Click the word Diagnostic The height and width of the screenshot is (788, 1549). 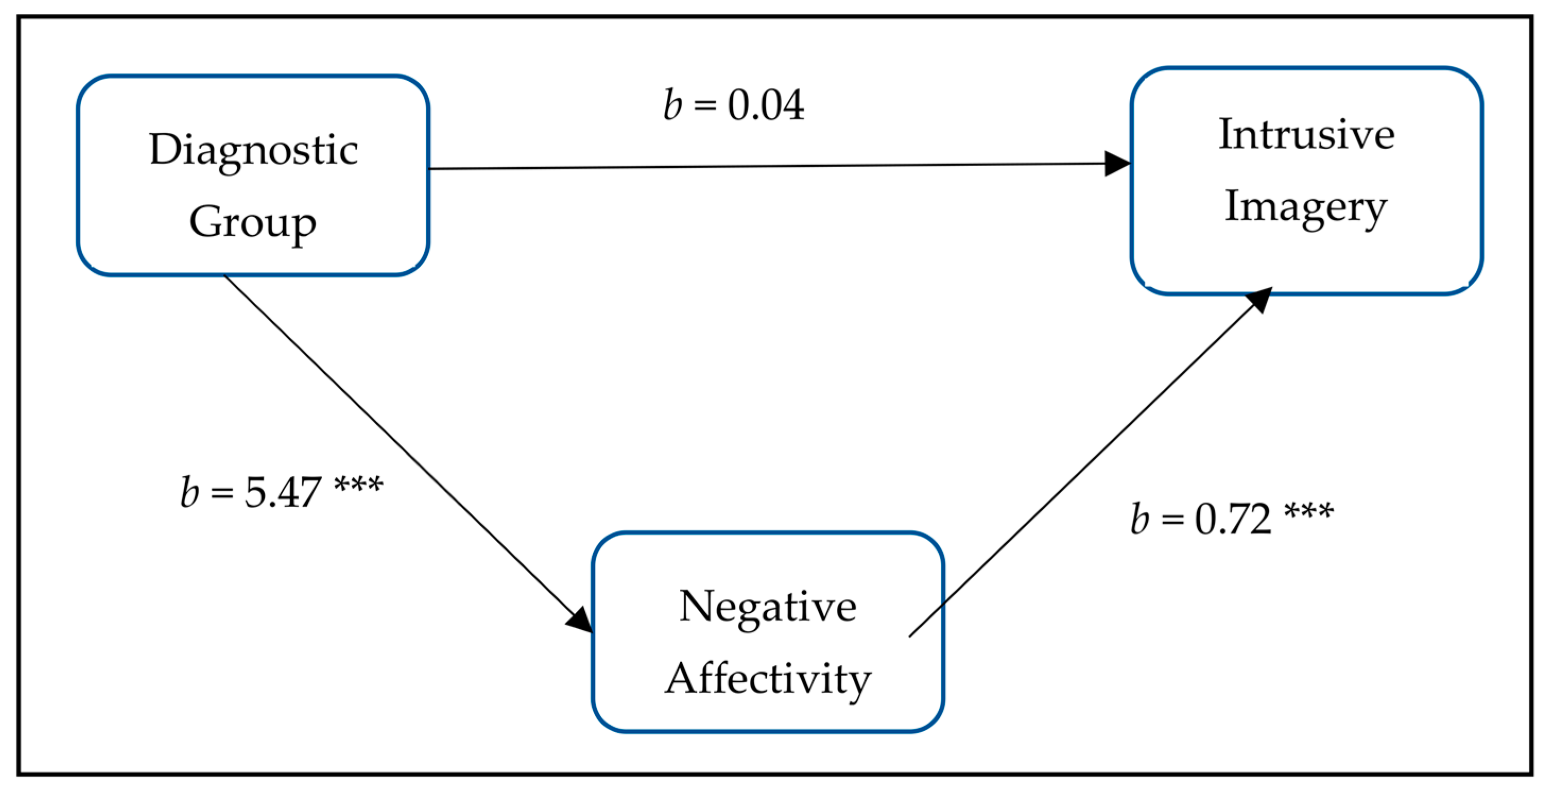(253, 150)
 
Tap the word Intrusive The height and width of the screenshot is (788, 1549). (1306, 134)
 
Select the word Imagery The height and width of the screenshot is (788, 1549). (1305, 208)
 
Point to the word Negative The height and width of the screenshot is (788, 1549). (768, 606)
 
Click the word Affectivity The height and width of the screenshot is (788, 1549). (768, 679)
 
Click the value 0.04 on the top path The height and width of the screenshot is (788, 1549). (766, 105)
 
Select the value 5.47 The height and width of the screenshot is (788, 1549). (283, 493)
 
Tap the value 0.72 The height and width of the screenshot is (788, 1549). (1233, 518)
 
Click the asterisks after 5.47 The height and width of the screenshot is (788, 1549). (358, 485)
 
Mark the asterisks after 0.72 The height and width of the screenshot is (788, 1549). (1309, 511)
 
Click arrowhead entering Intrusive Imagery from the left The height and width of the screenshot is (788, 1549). (1118, 164)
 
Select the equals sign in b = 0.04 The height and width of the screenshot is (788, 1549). (705, 106)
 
